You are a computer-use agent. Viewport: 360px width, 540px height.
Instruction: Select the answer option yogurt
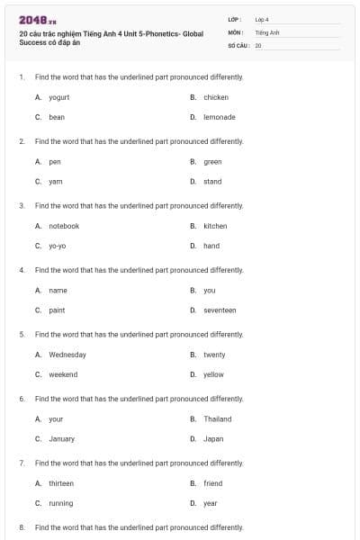click(59, 97)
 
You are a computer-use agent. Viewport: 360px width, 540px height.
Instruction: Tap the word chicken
click(216, 97)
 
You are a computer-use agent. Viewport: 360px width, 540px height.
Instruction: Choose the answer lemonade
click(220, 117)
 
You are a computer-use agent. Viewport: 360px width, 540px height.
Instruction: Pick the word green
click(212, 162)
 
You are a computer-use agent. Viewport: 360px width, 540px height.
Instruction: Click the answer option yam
click(56, 181)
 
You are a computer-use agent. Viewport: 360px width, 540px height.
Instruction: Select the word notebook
click(64, 226)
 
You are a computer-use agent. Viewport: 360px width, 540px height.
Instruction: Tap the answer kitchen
click(215, 226)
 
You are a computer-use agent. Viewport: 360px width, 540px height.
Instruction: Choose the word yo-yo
click(58, 246)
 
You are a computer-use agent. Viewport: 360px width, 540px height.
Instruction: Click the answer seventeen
click(220, 310)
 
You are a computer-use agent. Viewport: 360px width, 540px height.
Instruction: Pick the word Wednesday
click(67, 355)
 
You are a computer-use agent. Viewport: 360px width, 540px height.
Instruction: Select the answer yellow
click(213, 374)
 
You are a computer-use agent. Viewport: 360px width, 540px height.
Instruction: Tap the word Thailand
click(217, 418)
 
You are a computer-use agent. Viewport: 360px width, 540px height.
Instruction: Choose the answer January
click(62, 438)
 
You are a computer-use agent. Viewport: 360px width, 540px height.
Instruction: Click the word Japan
click(213, 438)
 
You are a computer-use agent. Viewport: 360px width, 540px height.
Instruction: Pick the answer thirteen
click(61, 483)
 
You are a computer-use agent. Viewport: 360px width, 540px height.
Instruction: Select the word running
click(61, 503)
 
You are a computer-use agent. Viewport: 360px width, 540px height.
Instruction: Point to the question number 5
click(21, 334)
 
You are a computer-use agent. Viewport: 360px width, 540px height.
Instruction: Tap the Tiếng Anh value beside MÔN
click(267, 31)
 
